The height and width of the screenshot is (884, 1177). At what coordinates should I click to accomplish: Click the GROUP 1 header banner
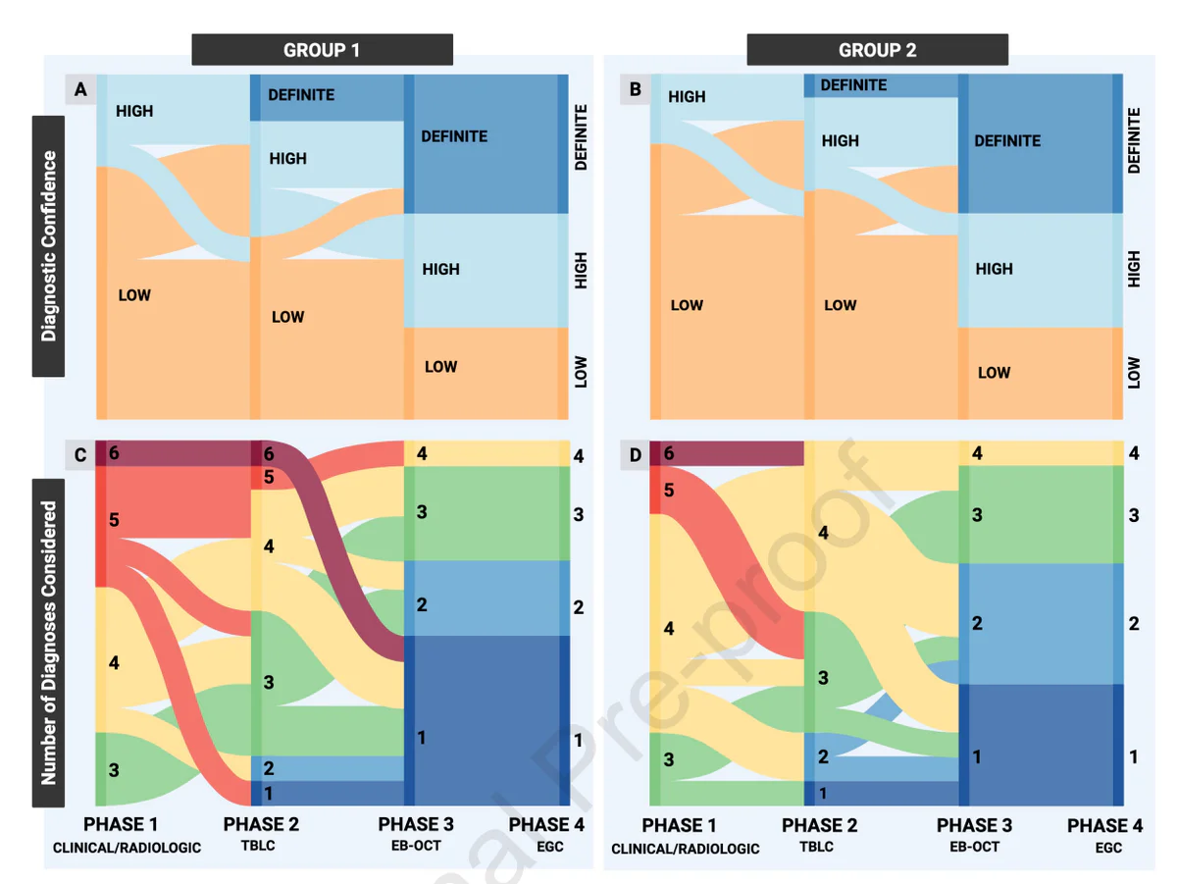[x=322, y=50]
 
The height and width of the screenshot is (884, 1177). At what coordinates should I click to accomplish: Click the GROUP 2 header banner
[x=877, y=50]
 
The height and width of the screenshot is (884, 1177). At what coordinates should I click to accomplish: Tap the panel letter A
[x=81, y=89]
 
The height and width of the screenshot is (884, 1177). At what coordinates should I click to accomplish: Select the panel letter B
[x=636, y=89]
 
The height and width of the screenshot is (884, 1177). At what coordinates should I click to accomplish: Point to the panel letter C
[x=80, y=455]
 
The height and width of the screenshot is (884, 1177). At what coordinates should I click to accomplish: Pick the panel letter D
[x=636, y=455]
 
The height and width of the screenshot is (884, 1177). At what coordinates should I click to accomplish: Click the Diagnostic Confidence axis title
[x=48, y=246]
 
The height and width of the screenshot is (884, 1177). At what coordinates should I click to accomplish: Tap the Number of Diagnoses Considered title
[x=48, y=643]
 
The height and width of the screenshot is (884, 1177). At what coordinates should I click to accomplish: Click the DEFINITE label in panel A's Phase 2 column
[x=301, y=95]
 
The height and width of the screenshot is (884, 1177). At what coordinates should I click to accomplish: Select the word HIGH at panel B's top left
[x=687, y=96]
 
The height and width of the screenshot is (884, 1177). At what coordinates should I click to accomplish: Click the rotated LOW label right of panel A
[x=581, y=371]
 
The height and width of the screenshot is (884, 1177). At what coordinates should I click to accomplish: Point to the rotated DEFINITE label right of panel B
[x=1134, y=140]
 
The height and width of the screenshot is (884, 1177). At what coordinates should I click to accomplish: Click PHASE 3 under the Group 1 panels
[x=416, y=824]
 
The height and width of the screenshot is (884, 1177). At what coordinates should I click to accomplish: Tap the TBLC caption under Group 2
[x=817, y=847]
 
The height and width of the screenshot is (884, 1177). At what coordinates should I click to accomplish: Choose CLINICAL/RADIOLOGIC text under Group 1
[x=127, y=848]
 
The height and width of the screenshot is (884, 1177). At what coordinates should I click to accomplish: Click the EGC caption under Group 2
[x=1108, y=848]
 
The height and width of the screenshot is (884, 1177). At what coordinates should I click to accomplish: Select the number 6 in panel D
[x=669, y=453]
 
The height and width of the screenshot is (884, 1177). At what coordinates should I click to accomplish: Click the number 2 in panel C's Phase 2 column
[x=269, y=768]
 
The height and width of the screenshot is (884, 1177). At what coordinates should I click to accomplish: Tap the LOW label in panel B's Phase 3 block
[x=994, y=373]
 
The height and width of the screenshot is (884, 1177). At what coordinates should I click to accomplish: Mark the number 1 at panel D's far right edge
[x=1133, y=756]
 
